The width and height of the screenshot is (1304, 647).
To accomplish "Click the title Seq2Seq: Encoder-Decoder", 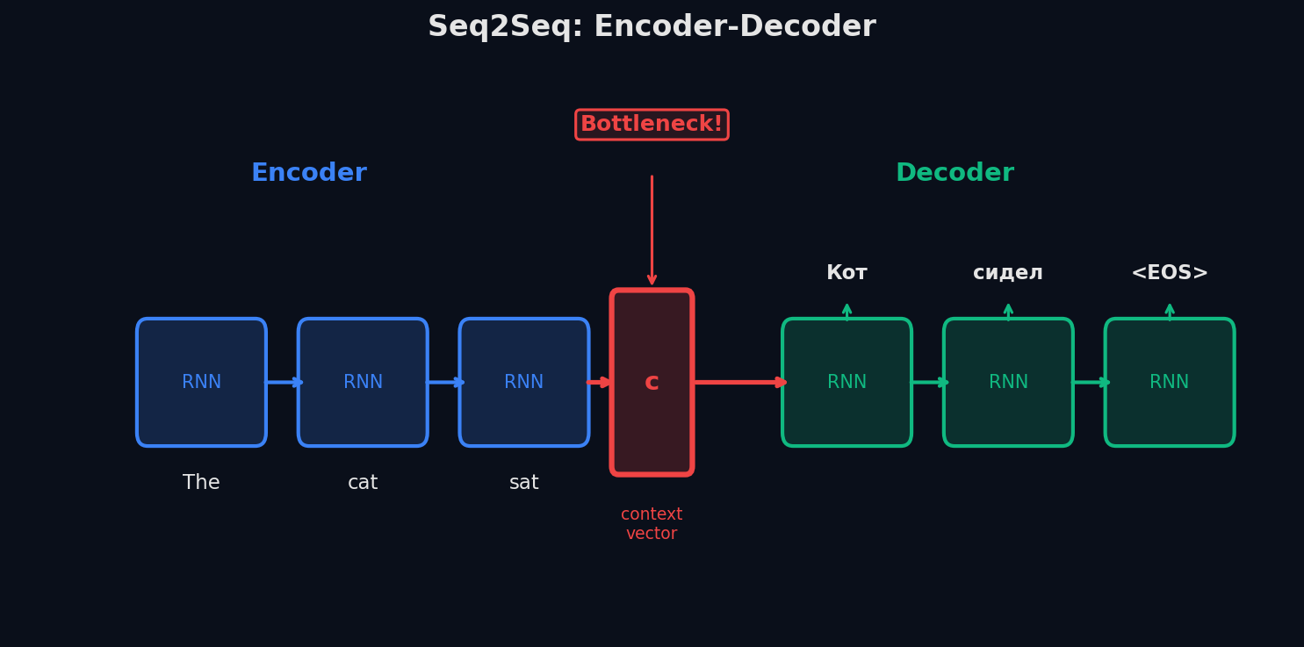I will coord(652,27).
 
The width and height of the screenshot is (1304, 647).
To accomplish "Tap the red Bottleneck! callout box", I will coord(652,125).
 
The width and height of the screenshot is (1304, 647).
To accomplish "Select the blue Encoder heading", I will coord(308,173).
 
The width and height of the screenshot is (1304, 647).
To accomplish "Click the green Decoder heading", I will coord(955,173).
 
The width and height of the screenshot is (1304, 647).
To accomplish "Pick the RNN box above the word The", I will coord(201,382).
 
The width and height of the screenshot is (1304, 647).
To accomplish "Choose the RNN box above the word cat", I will coord(363,382).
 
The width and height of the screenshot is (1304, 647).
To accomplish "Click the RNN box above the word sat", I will coord(524,382).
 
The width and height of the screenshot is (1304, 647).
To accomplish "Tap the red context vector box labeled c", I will coord(652,382).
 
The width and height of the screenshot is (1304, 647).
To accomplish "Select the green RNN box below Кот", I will coord(847,382).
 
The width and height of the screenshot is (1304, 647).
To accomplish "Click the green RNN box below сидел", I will coord(1008,382).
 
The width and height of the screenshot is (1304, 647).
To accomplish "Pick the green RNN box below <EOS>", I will coord(1170,382).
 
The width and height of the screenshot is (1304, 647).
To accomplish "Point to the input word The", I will coord(201,483).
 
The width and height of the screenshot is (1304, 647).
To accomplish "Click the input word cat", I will coord(363,483).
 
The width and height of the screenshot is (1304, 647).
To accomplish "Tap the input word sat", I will coord(524,483).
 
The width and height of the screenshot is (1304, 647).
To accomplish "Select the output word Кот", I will coord(847,273).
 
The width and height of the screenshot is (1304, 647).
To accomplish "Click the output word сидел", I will coord(1008,273).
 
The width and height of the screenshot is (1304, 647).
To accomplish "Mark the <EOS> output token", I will coord(1170,273).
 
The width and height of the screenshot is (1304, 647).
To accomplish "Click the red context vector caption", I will coord(652,524).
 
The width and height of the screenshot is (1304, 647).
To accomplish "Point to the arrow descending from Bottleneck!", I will coord(652,228).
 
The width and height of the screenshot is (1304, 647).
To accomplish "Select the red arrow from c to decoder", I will coord(738,382).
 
